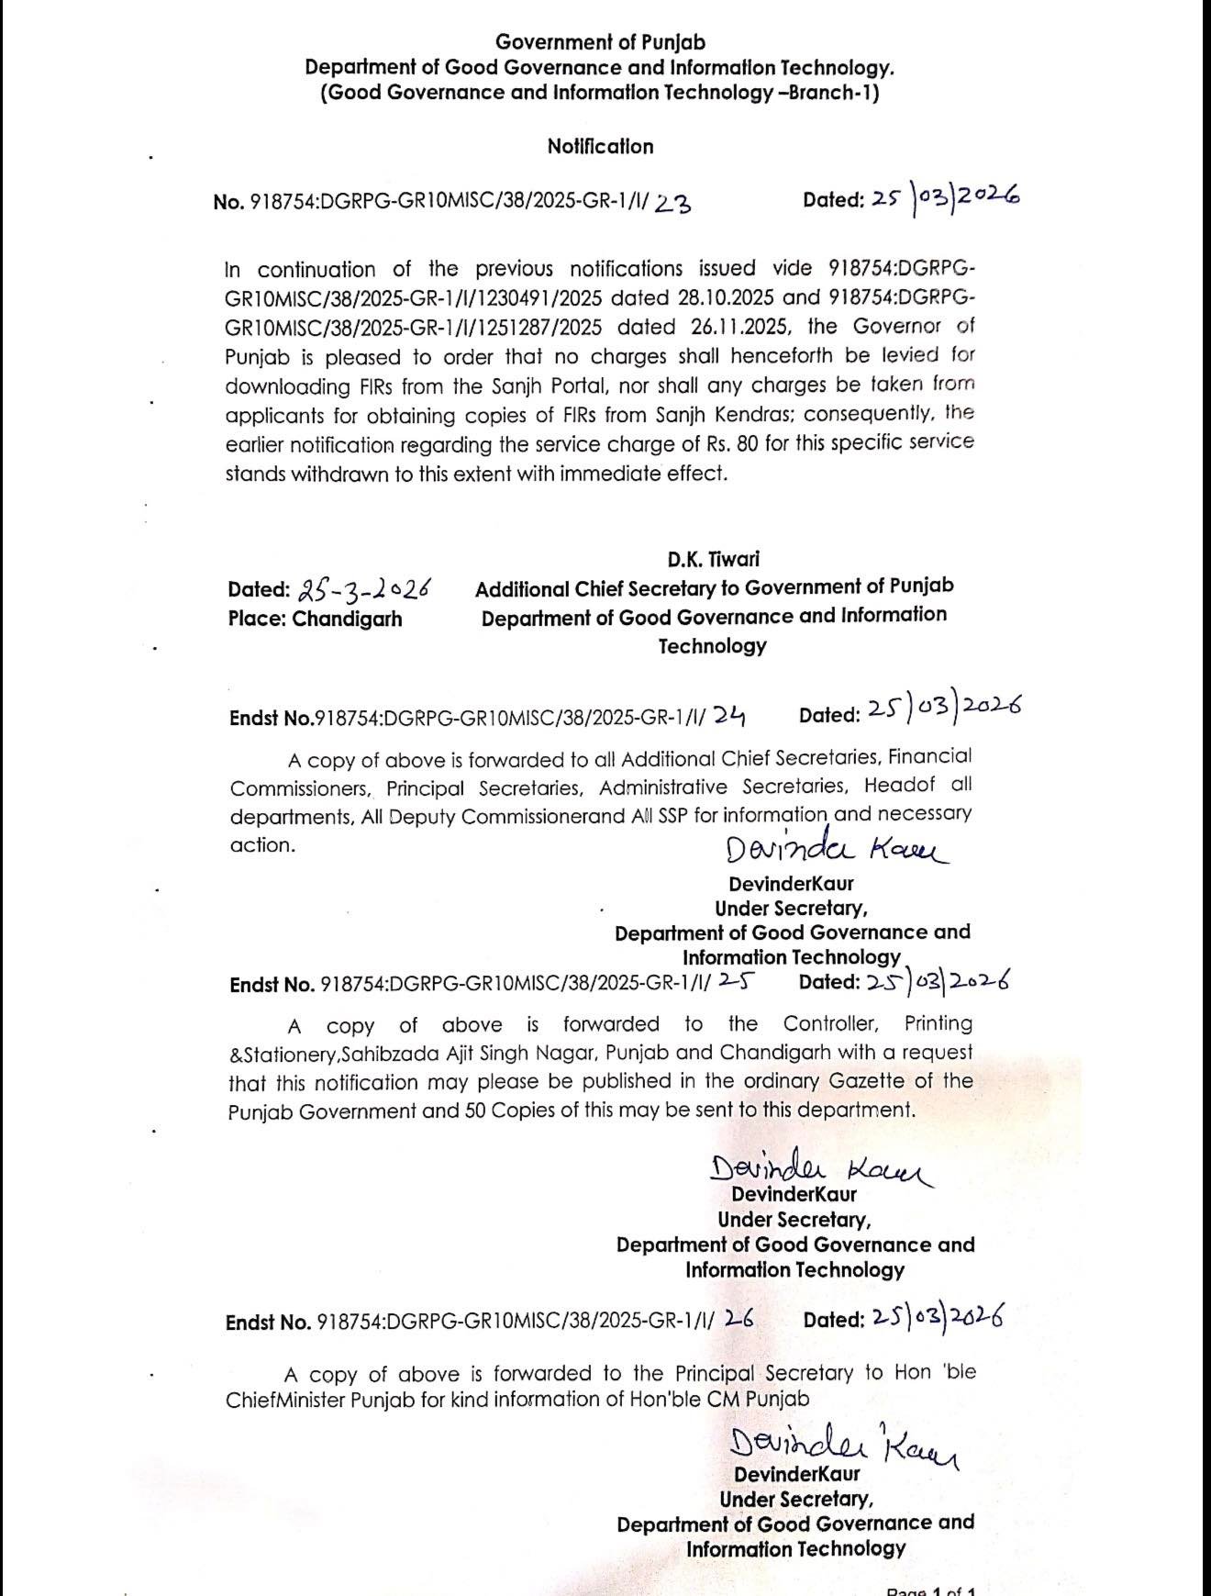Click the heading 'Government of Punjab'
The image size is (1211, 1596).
(x=600, y=42)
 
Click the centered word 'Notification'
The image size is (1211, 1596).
(x=600, y=147)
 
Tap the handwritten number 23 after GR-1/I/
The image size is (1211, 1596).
(x=673, y=204)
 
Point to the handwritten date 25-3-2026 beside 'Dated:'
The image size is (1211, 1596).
(x=365, y=589)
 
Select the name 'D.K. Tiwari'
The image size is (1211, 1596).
(x=713, y=559)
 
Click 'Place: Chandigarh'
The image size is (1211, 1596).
(x=315, y=619)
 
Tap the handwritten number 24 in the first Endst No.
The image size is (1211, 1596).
(x=729, y=716)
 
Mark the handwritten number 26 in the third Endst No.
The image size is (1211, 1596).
(x=739, y=1320)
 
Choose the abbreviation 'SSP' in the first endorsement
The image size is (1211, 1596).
(x=671, y=816)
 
